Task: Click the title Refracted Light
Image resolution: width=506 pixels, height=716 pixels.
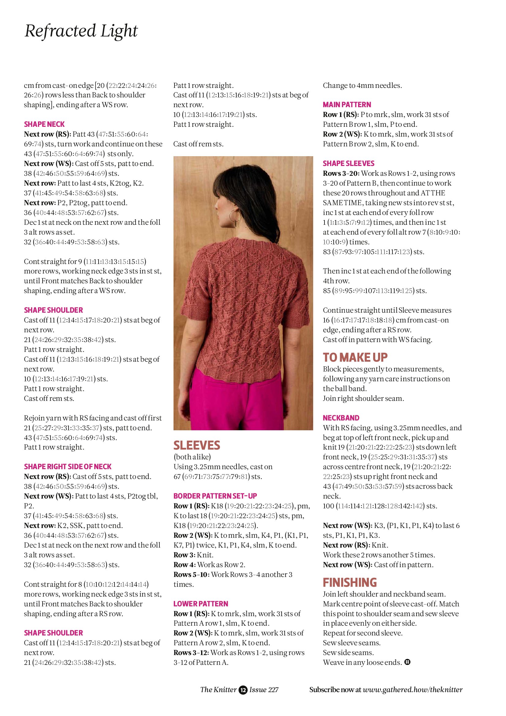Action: (81, 31)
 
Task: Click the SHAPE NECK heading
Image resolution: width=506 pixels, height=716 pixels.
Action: (44, 124)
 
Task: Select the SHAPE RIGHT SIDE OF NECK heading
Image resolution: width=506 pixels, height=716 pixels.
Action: (68, 466)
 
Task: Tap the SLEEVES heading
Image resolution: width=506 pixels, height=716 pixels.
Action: (197, 445)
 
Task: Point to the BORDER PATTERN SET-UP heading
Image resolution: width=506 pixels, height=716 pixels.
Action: (215, 496)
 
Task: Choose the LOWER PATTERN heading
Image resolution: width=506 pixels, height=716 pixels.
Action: (201, 604)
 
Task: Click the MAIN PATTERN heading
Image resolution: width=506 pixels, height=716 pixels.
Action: (347, 105)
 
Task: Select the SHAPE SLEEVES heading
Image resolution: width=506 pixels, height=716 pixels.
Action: (349, 164)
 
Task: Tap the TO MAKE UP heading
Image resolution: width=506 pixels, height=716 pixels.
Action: (355, 357)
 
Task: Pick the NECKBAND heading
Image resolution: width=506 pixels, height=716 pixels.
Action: (341, 418)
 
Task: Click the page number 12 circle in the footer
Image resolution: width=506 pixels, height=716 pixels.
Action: (243, 690)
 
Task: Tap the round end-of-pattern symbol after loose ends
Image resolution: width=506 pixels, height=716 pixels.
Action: (407, 662)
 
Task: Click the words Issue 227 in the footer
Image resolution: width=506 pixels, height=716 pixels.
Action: (264, 690)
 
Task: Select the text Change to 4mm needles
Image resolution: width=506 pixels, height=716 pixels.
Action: (362, 85)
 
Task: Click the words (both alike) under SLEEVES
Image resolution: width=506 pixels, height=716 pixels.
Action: (192, 457)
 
